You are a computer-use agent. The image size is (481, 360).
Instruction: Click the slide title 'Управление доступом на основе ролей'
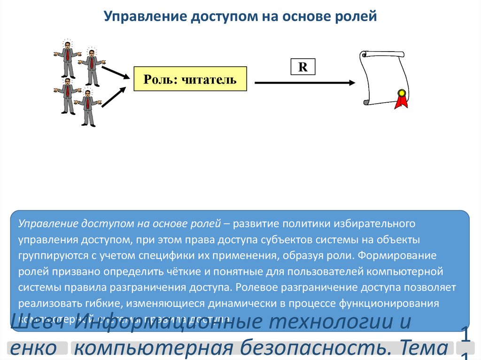coord(240,17)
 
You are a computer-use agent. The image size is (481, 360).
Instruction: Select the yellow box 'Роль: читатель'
coord(190,79)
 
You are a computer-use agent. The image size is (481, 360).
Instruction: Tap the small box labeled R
coord(303,67)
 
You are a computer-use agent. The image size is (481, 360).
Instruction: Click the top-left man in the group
coord(67,59)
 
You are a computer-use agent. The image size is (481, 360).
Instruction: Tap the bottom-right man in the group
coord(87,108)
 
